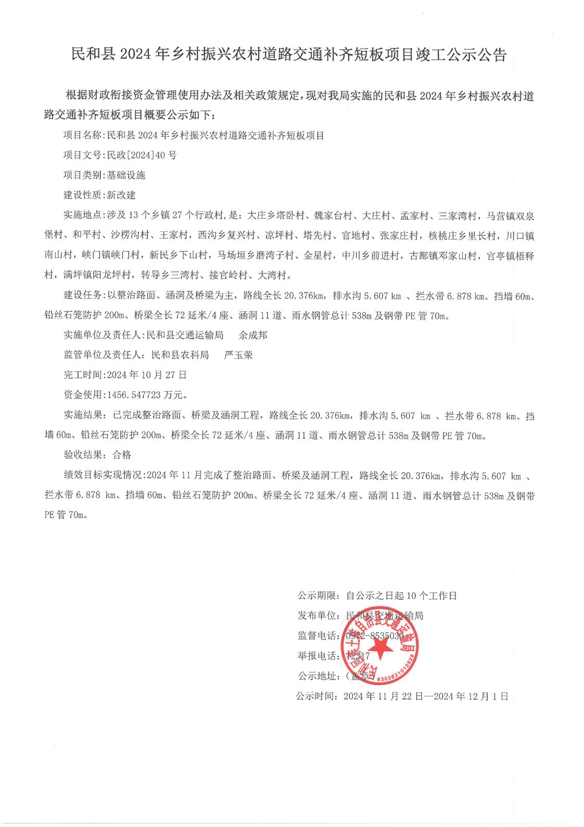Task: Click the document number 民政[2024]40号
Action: (141, 155)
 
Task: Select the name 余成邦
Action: (253, 335)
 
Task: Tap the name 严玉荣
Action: (238, 355)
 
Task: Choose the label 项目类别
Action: (83, 175)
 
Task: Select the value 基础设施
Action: (126, 175)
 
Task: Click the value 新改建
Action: (121, 195)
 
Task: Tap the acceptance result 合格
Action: (122, 455)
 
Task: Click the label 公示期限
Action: (317, 595)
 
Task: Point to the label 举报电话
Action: (317, 656)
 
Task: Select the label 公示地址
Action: (317, 676)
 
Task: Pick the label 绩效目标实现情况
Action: (105, 475)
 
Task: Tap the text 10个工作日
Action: (430, 595)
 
